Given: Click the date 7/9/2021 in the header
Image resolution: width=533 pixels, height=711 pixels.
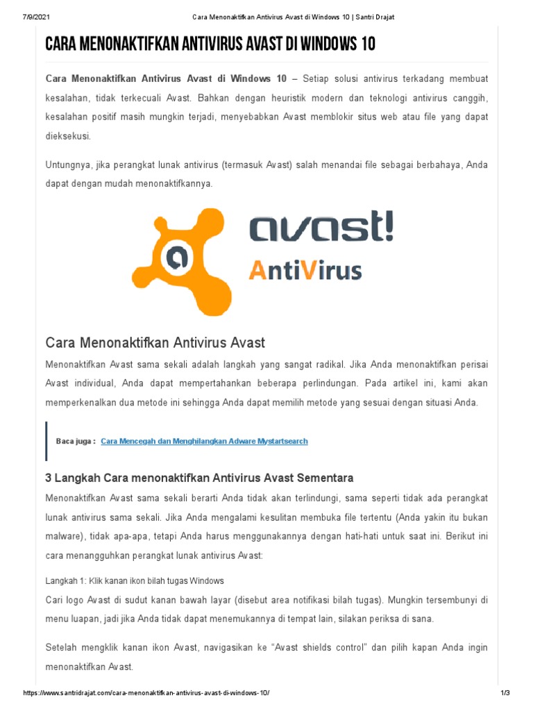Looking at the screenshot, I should tap(28, 17).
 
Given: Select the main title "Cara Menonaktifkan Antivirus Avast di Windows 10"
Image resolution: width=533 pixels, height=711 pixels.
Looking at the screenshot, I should tap(210, 45).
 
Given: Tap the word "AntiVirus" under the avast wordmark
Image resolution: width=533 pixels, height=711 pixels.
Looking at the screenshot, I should tap(305, 269).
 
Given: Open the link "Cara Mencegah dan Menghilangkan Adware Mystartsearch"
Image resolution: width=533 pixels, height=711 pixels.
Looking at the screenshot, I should tap(204, 441).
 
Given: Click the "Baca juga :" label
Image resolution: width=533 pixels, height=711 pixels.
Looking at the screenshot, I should tap(76, 441).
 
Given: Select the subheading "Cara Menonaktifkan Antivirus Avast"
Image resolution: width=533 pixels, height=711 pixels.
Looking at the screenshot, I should tap(155, 342).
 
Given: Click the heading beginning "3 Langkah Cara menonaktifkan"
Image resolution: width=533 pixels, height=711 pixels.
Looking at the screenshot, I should tap(200, 478).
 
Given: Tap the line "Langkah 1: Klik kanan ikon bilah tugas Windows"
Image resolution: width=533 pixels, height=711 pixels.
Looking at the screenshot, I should tap(135, 580).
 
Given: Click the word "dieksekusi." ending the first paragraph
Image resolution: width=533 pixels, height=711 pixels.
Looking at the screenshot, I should tap(68, 136).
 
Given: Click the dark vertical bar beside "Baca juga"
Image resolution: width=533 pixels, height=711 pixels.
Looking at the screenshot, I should tap(46, 441).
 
